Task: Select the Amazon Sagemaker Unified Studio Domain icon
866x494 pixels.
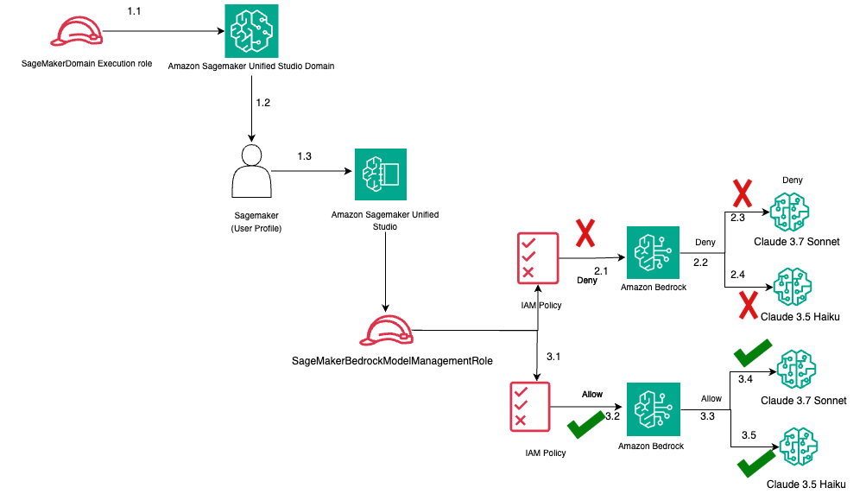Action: coord(250,31)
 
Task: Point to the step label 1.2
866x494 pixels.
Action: coord(263,103)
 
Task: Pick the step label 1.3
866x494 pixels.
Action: coord(305,155)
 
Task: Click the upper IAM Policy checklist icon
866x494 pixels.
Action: coord(538,256)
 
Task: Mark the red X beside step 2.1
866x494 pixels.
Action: coord(587,233)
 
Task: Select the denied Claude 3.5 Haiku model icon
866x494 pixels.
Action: coord(794,286)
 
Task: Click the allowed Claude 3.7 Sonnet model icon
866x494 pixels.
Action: coord(794,370)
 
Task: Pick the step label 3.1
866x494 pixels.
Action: coord(553,356)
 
